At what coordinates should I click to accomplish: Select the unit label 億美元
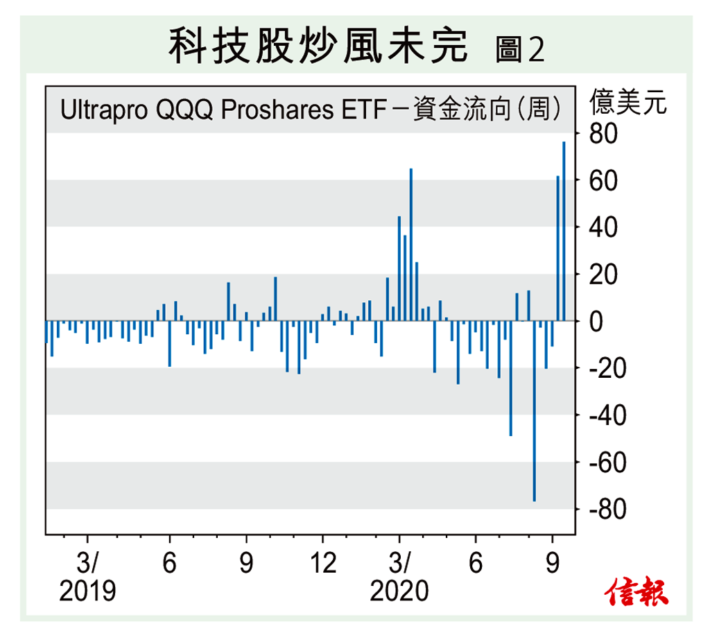pos(628,104)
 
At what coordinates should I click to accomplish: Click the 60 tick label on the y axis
pos(603,180)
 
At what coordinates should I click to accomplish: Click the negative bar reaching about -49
pos(511,379)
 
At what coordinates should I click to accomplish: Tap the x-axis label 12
pos(322,563)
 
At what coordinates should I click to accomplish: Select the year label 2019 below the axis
pos(87,591)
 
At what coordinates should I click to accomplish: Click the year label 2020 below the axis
pos(399,591)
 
